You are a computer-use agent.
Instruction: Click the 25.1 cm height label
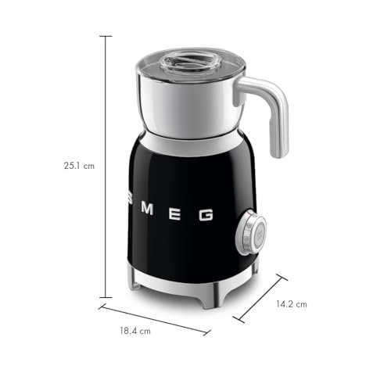pos(79,166)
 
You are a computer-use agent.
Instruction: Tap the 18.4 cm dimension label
pos(135,331)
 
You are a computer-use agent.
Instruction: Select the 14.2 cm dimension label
pos(292,304)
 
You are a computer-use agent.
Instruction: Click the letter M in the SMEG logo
pos(147,209)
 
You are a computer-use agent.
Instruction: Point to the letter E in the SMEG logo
pos(174,213)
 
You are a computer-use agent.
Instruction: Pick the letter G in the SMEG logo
pos(206,214)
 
